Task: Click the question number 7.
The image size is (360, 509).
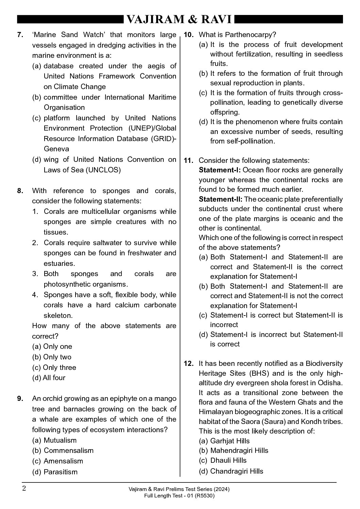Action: [x=20, y=35]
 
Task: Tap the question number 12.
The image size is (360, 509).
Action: [x=189, y=363]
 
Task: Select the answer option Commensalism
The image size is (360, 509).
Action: [x=68, y=451]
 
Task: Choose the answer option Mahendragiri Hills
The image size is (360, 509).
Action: [x=239, y=451]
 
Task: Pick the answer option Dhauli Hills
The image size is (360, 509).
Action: [x=228, y=460]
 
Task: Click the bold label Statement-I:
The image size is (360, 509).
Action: [x=220, y=170]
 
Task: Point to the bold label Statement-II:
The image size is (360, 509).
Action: [x=221, y=199]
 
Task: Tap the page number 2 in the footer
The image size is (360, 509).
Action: [x=24, y=489]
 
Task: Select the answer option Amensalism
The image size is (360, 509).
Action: [x=63, y=461]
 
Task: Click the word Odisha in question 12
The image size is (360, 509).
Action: [x=330, y=383]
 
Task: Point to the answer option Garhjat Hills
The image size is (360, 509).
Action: [x=230, y=441]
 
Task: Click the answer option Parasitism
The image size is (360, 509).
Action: [x=61, y=472]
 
